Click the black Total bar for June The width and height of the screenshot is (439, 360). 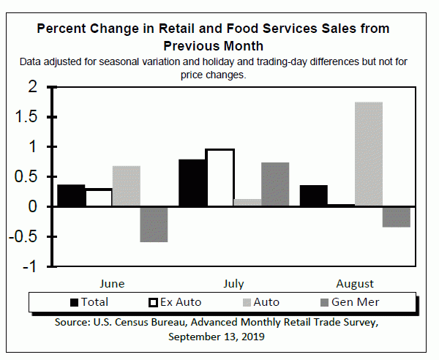71,195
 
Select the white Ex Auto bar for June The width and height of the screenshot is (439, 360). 99,198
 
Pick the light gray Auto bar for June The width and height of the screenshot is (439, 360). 126,186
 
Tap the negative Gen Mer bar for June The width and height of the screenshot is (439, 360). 154,224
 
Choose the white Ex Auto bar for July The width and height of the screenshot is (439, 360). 219,178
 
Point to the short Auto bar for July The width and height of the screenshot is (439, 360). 247,203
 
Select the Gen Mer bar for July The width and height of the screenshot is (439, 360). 275,184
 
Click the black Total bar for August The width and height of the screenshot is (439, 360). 313,196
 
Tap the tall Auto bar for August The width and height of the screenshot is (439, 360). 369,154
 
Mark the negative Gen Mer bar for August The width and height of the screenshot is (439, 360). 397,217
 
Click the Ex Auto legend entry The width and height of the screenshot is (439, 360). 176,301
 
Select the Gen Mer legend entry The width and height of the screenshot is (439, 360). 350,301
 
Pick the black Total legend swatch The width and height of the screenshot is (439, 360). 74,301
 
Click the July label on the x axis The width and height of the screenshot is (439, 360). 233,284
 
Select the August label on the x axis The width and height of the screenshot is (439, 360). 355,284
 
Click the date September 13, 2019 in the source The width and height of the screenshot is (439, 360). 216,337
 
